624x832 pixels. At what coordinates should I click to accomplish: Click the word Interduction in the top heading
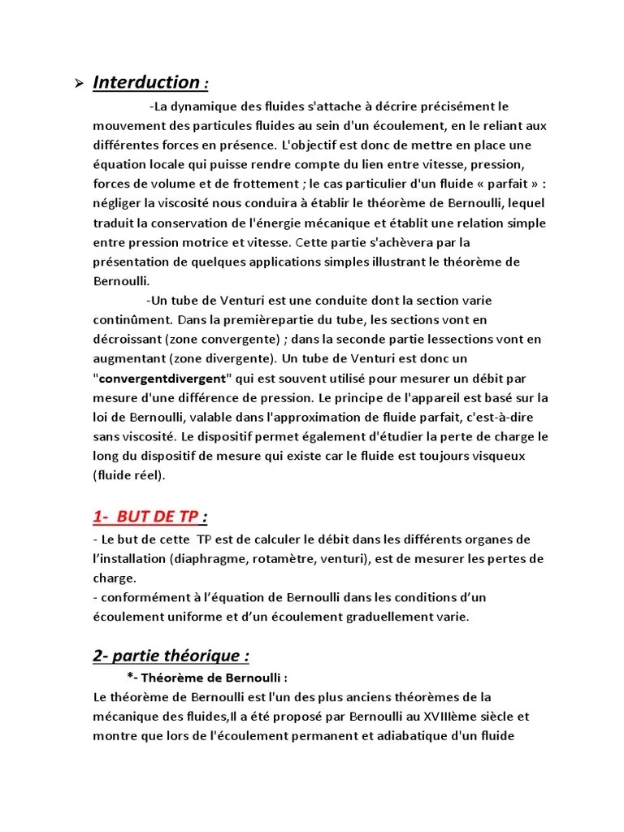click(146, 82)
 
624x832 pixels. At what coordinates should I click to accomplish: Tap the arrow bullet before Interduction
click(79, 83)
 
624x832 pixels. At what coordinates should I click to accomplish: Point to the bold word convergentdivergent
click(163, 379)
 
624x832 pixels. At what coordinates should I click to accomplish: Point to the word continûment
click(132, 320)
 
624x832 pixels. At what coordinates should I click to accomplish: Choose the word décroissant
click(132, 340)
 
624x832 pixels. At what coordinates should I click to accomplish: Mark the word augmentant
click(130, 359)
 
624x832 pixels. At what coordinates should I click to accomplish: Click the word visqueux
click(518, 457)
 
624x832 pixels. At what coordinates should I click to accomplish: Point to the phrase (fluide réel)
click(129, 476)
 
